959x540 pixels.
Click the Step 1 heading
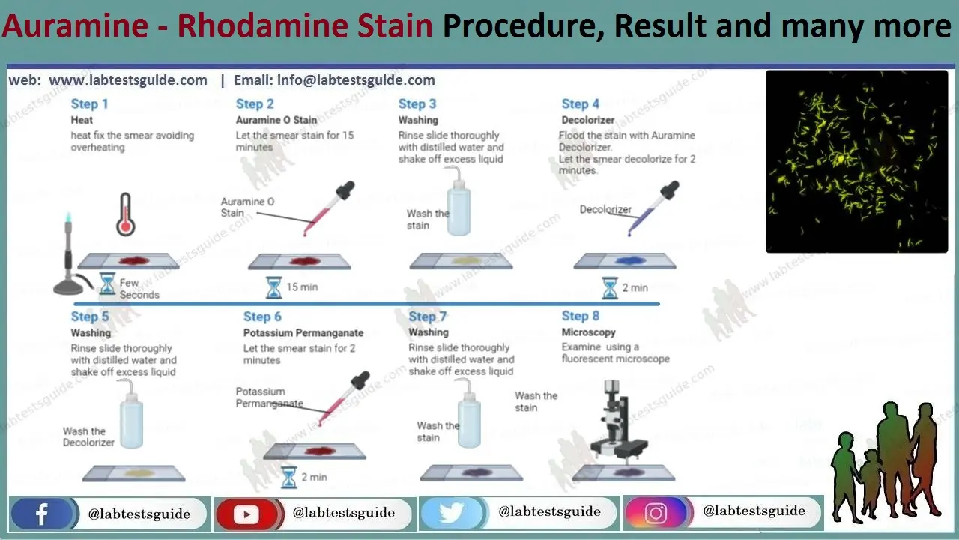(89, 104)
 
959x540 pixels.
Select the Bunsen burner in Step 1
(71, 255)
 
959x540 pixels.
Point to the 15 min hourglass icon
(274, 287)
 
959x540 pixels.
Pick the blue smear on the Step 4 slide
(624, 260)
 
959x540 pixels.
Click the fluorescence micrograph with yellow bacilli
(856, 161)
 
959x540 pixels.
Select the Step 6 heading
(262, 316)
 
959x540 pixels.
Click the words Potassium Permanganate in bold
(303, 332)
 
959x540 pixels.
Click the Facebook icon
(42, 514)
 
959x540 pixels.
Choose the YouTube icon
(246, 514)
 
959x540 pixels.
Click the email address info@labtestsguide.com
(356, 80)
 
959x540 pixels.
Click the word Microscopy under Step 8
(588, 332)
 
